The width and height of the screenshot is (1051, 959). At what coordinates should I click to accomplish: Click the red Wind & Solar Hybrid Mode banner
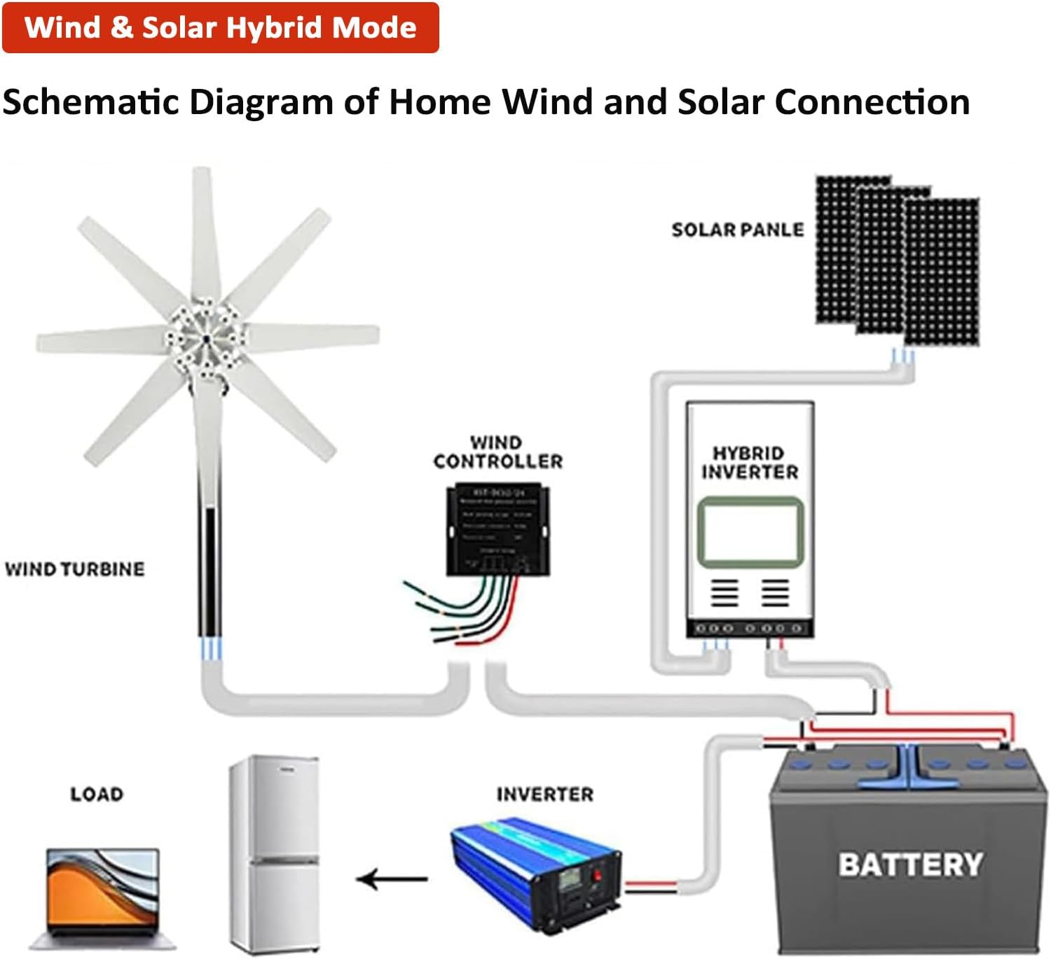pyautogui.click(x=220, y=28)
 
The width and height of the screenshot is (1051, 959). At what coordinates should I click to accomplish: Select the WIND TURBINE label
pyautogui.click(x=75, y=569)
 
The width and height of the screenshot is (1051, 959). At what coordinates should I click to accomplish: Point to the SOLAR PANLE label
pyautogui.click(x=737, y=230)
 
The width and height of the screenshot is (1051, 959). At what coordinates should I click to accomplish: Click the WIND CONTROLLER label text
pyautogui.click(x=497, y=452)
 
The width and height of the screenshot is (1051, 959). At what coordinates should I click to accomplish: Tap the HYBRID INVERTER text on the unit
pyautogui.click(x=749, y=463)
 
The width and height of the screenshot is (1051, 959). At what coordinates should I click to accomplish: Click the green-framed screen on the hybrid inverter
pyautogui.click(x=750, y=531)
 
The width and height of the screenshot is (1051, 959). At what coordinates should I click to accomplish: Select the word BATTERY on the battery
pyautogui.click(x=910, y=864)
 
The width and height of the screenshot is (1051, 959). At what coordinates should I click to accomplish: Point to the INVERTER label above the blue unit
pyautogui.click(x=544, y=794)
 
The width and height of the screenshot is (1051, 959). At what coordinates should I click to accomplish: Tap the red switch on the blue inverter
pyautogui.click(x=598, y=875)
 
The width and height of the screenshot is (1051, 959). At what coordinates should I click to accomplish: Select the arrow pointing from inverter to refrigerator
pyautogui.click(x=392, y=878)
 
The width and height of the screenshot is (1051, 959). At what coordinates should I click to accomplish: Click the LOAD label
pyautogui.click(x=97, y=794)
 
